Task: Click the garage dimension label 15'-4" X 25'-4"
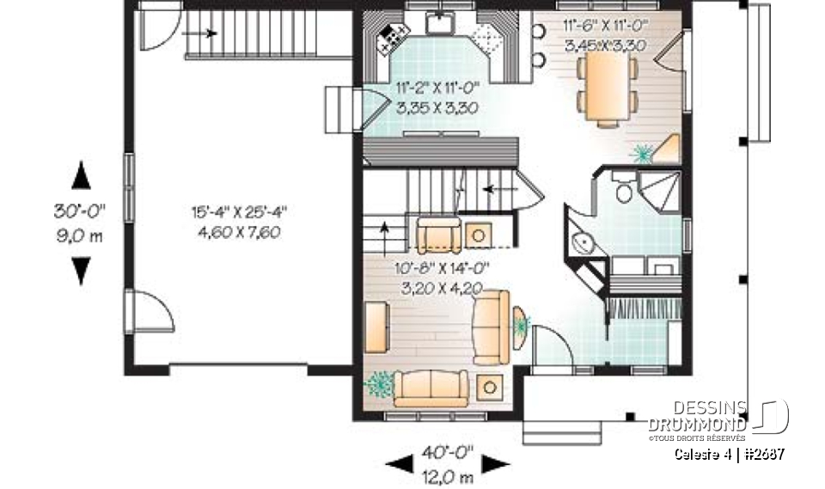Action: (238, 211)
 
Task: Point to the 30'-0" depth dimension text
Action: (80, 211)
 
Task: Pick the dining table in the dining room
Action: (608, 90)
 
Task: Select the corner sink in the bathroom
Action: (584, 243)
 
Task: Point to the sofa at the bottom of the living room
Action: (430, 388)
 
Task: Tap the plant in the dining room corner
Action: (643, 154)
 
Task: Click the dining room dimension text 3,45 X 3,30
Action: (606, 46)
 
